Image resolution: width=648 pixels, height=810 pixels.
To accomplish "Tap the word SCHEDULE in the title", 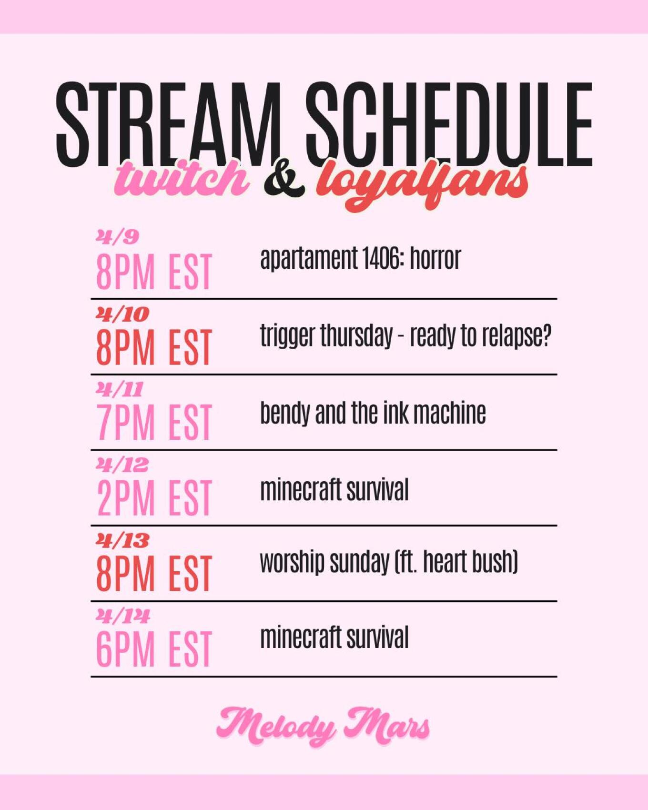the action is click(x=449, y=125).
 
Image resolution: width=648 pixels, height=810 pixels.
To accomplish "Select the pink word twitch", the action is click(x=182, y=178).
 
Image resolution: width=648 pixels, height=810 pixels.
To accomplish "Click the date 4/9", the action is click(x=117, y=237).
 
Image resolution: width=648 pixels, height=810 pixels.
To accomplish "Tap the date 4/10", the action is click(x=122, y=314).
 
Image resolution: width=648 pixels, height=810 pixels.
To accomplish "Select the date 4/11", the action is click(x=120, y=389).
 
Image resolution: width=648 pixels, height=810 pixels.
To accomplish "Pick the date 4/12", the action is click(x=122, y=465).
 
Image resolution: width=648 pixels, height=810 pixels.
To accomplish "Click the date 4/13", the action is click(x=122, y=540).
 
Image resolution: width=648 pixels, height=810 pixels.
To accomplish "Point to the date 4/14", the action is click(x=123, y=616).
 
